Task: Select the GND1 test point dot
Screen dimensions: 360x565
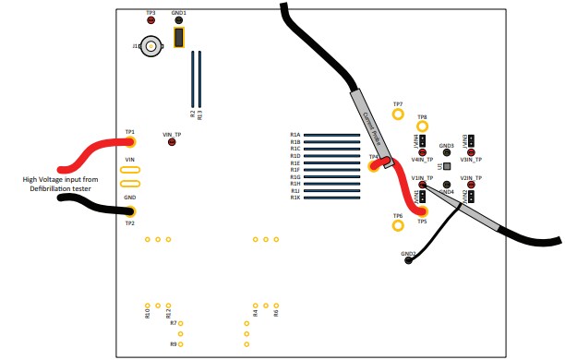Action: [x=179, y=20]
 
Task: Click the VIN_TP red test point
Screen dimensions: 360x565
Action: [x=172, y=142]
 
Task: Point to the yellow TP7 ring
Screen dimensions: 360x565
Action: [x=398, y=114]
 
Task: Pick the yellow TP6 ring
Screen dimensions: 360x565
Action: [x=398, y=224]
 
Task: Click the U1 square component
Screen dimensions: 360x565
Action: [x=447, y=166]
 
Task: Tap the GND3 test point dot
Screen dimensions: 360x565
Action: [x=447, y=152]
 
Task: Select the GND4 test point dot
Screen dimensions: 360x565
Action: [x=447, y=184]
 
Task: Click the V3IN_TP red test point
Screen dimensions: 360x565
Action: [x=471, y=152]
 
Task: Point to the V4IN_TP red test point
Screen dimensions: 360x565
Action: [x=422, y=152]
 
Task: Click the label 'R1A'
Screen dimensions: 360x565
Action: [x=295, y=135]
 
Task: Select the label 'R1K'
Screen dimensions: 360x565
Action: [x=295, y=198]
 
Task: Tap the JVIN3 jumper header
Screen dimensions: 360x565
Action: [x=470, y=139]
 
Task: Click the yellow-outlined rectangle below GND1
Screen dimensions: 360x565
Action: [x=179, y=37]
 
